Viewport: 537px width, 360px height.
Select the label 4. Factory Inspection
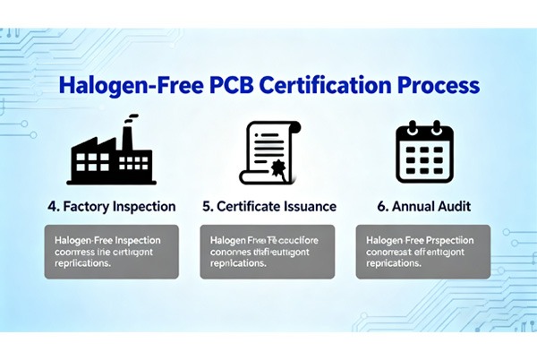(111, 206)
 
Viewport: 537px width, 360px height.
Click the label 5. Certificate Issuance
(269, 206)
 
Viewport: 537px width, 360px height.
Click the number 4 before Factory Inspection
(51, 206)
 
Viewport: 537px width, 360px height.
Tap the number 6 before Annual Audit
(381, 206)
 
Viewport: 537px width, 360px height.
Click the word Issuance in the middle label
(307, 206)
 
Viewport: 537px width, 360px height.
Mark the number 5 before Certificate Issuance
(207, 206)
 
